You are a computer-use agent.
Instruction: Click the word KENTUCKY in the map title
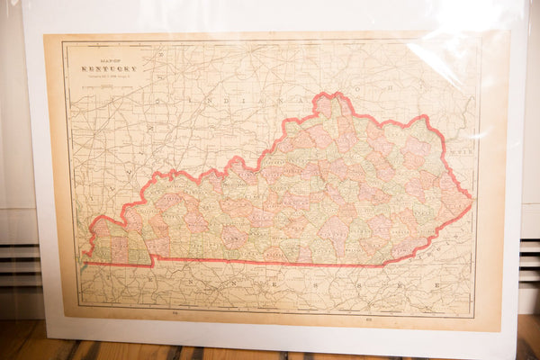pyautogui.click(x=110, y=67)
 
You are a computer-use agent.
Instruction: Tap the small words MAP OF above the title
pyautogui.click(x=109, y=60)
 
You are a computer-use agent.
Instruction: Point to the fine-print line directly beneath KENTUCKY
pyautogui.click(x=110, y=75)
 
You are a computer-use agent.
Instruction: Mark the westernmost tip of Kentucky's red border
pyautogui.click(x=83, y=255)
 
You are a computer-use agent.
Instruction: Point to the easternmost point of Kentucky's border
pyautogui.click(x=471, y=200)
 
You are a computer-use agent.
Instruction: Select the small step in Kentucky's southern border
pyautogui.click(x=151, y=260)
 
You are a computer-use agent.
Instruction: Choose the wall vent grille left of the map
pyautogui.click(x=20, y=261)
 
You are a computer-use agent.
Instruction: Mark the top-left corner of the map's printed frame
pyautogui.click(x=62, y=41)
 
